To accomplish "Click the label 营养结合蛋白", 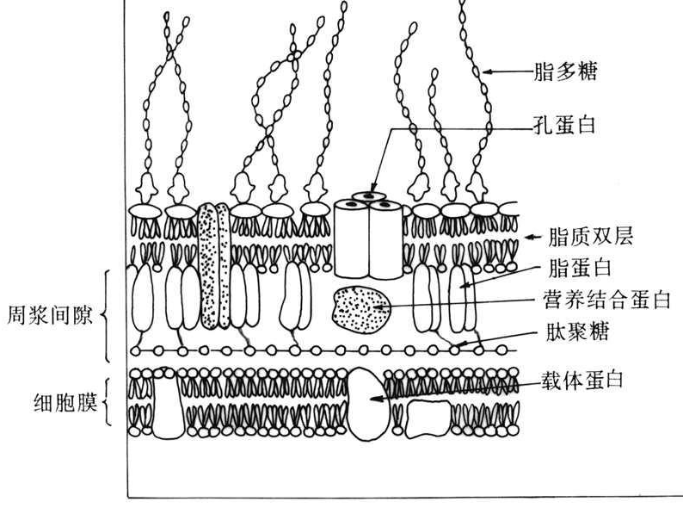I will point(606,300).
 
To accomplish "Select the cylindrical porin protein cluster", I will point(369,237).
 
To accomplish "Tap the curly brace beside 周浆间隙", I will point(107,314).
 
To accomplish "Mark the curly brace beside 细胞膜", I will point(108,401).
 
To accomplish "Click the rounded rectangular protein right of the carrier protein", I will point(428,418).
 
